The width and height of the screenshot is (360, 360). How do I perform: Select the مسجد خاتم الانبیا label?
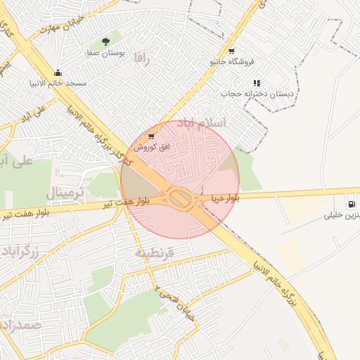click(58, 83)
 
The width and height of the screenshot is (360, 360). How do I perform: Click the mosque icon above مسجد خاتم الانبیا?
click(58, 72)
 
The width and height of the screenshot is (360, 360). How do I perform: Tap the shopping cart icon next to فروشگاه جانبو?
click(258, 62)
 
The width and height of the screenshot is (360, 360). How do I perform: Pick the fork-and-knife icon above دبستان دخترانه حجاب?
click(257, 83)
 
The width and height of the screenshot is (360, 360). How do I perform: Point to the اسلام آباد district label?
click(205, 123)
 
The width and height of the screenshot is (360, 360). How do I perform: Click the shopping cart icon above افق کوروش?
click(151, 136)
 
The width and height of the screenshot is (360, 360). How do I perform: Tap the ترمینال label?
click(65, 192)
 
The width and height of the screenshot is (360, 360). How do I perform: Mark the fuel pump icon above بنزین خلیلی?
click(351, 205)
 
